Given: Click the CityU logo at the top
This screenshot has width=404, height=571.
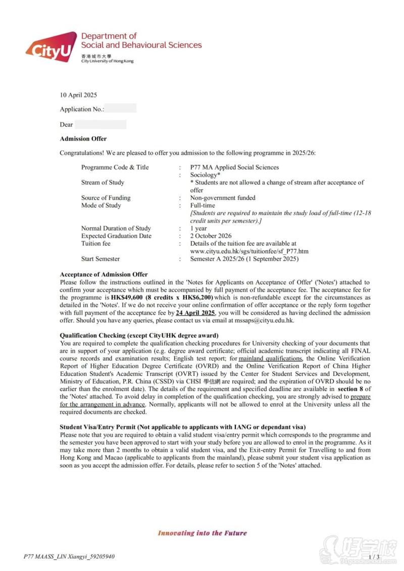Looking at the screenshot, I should click(x=50, y=47).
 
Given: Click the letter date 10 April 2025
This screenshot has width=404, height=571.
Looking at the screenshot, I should click(x=78, y=95).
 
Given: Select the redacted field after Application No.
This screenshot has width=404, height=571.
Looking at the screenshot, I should click(x=120, y=108).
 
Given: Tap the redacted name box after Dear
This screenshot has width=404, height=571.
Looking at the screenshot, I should click(x=100, y=124).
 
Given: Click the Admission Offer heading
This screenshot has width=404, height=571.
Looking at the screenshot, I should click(x=83, y=139).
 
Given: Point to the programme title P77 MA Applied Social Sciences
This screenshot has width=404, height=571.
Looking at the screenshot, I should click(x=234, y=167).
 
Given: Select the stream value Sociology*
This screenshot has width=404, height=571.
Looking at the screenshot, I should click(x=205, y=175).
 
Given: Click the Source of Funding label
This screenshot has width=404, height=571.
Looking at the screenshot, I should click(x=106, y=198).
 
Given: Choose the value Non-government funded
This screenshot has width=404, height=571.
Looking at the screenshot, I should click(x=223, y=198).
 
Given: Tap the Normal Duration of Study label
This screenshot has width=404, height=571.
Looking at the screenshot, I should click(x=116, y=229).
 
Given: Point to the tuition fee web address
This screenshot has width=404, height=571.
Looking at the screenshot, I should click(x=249, y=251).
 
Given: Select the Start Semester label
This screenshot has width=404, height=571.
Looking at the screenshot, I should click(x=100, y=259).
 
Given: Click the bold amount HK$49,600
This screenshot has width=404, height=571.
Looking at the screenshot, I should click(x=126, y=298).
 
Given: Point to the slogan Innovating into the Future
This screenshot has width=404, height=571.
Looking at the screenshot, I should click(x=202, y=533).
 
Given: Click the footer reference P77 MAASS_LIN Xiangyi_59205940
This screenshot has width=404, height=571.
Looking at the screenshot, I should click(x=69, y=557).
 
